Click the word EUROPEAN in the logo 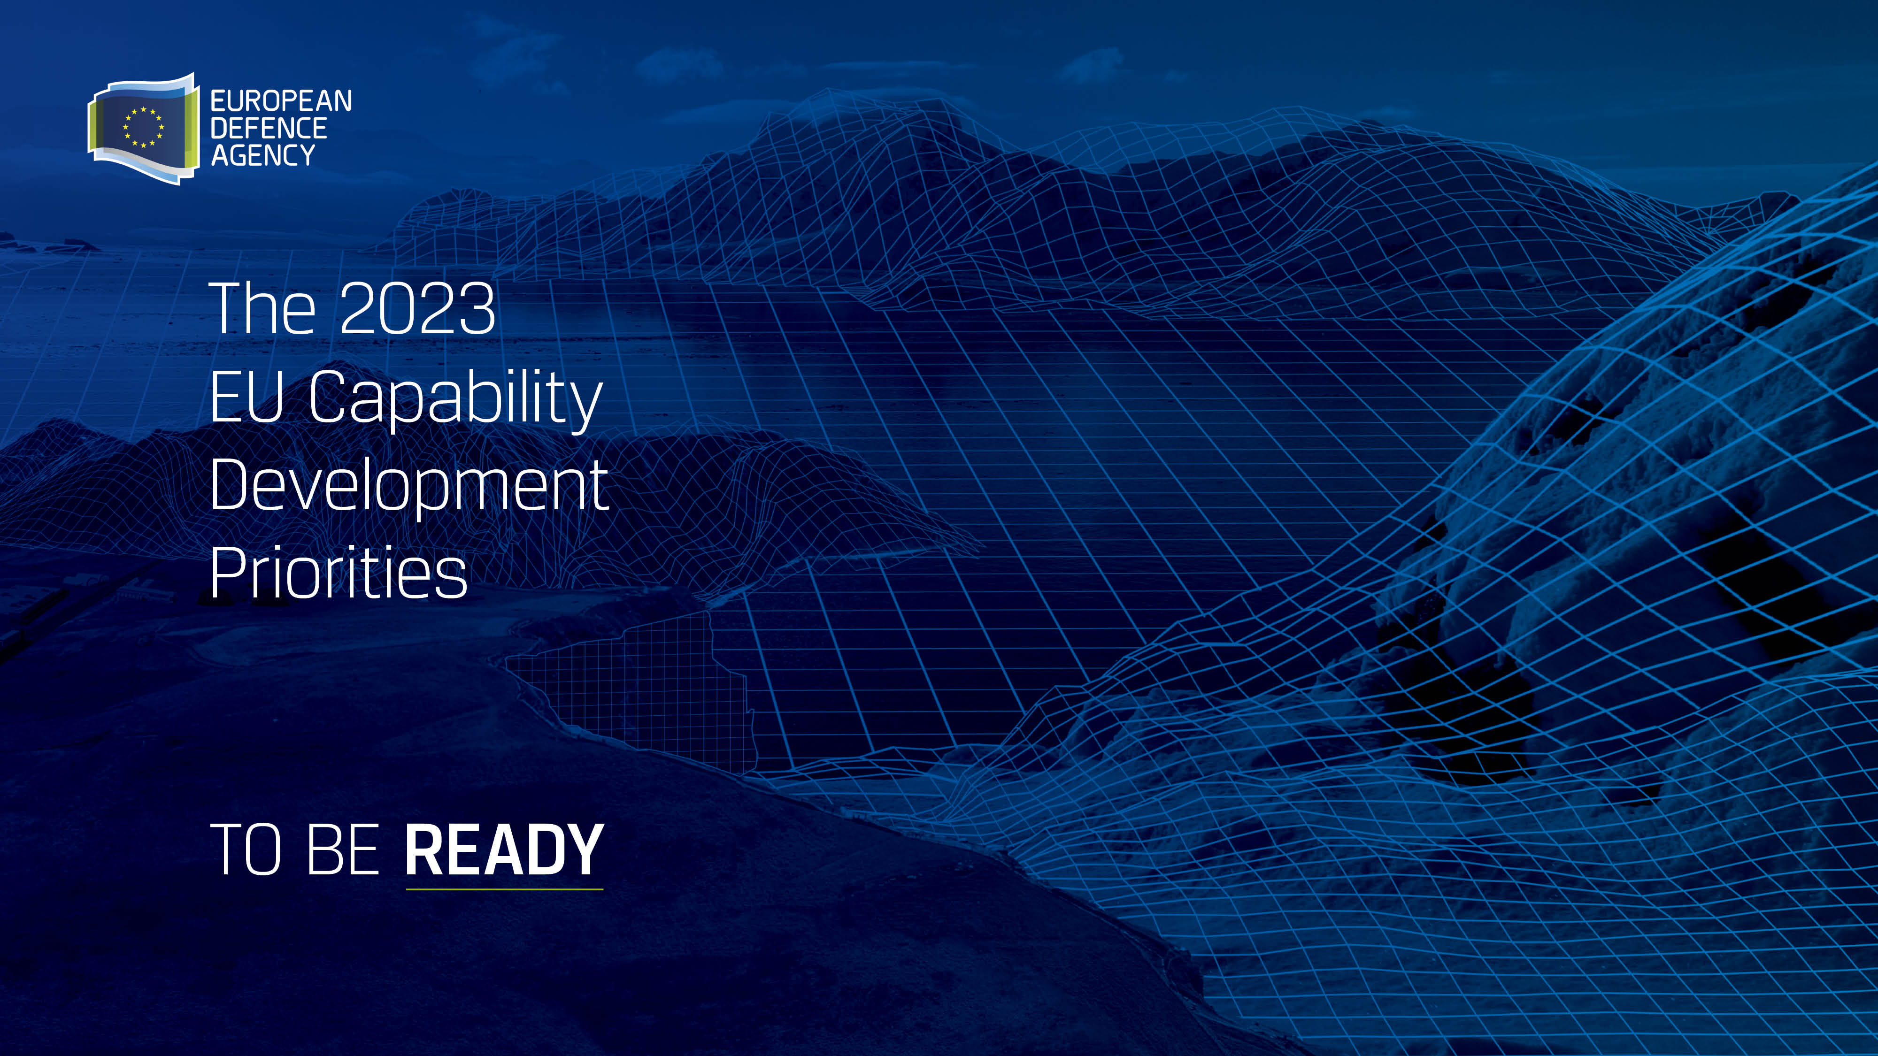(281, 101)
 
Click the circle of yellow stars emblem (144, 128)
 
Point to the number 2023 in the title (418, 309)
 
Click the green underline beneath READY (505, 889)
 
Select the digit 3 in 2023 (477, 309)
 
